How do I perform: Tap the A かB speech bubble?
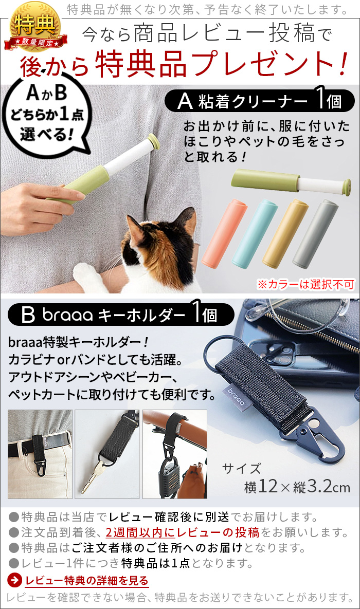[x=47, y=115]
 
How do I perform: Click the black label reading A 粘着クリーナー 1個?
[x=259, y=101]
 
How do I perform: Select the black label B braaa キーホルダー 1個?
[x=121, y=315]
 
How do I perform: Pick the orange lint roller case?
[x=224, y=233]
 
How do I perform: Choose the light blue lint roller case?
[x=255, y=233]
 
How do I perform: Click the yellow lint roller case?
[x=285, y=233]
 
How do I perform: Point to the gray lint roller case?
[x=316, y=233]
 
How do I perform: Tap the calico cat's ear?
[x=185, y=217]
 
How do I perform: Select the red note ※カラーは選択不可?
[x=305, y=284]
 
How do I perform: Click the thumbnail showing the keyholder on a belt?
[x=40, y=454]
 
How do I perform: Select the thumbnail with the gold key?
[x=107, y=454]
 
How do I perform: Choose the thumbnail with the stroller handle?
[x=174, y=454]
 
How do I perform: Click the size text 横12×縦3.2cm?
[x=297, y=486]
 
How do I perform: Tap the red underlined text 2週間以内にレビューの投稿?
[x=183, y=532]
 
